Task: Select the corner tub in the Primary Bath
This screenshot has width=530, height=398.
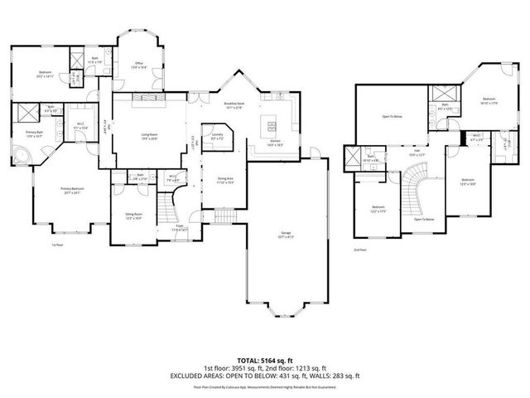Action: click(21, 155)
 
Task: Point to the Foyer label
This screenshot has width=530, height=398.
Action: click(179, 226)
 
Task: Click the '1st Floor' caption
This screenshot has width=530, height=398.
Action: click(57, 245)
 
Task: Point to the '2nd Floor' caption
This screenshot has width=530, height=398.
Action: click(359, 249)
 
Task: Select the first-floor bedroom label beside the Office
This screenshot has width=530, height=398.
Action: click(45, 74)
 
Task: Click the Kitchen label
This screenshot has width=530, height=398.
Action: click(275, 143)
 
